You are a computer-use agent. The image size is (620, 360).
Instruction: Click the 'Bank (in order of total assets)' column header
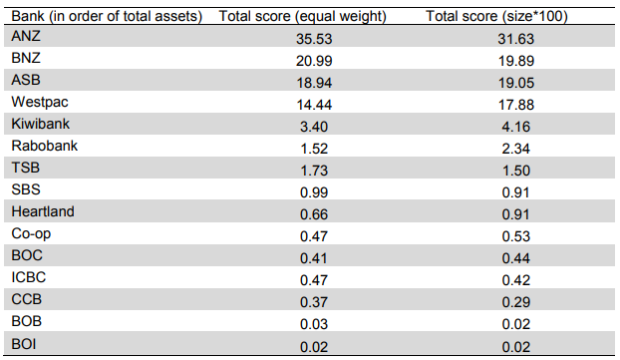[x=107, y=16]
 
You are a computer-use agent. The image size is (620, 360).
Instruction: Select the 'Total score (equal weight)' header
[x=302, y=16]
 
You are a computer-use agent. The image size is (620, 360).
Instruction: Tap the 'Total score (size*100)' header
[x=496, y=16]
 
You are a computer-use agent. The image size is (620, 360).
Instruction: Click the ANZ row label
[x=26, y=36]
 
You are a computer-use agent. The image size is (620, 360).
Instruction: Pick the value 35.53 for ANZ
[x=314, y=39]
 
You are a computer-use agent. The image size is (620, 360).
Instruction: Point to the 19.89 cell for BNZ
[x=516, y=61]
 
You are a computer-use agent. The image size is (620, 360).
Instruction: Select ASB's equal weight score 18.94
[x=314, y=83]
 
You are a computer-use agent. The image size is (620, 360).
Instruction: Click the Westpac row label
[x=40, y=102]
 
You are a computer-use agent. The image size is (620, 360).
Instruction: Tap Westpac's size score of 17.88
[x=516, y=105]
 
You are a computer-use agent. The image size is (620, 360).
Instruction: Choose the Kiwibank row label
[x=40, y=124]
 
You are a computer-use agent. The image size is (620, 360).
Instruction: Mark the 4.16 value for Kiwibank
[x=516, y=127]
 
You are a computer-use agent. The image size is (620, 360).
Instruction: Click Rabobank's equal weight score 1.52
[x=314, y=149]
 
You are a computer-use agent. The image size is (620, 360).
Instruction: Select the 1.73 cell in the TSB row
[x=314, y=171]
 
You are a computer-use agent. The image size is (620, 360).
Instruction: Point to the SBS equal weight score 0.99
[x=314, y=192]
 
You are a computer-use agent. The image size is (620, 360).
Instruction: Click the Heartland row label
[x=43, y=211]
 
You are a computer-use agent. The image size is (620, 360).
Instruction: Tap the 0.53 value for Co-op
[x=516, y=236]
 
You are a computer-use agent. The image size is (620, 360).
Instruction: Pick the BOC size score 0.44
[x=516, y=258]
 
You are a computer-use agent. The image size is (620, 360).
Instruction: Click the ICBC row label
[x=29, y=277]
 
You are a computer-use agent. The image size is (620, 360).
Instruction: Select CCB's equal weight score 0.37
[x=314, y=302]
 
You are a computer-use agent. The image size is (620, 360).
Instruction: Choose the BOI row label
[x=24, y=344]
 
